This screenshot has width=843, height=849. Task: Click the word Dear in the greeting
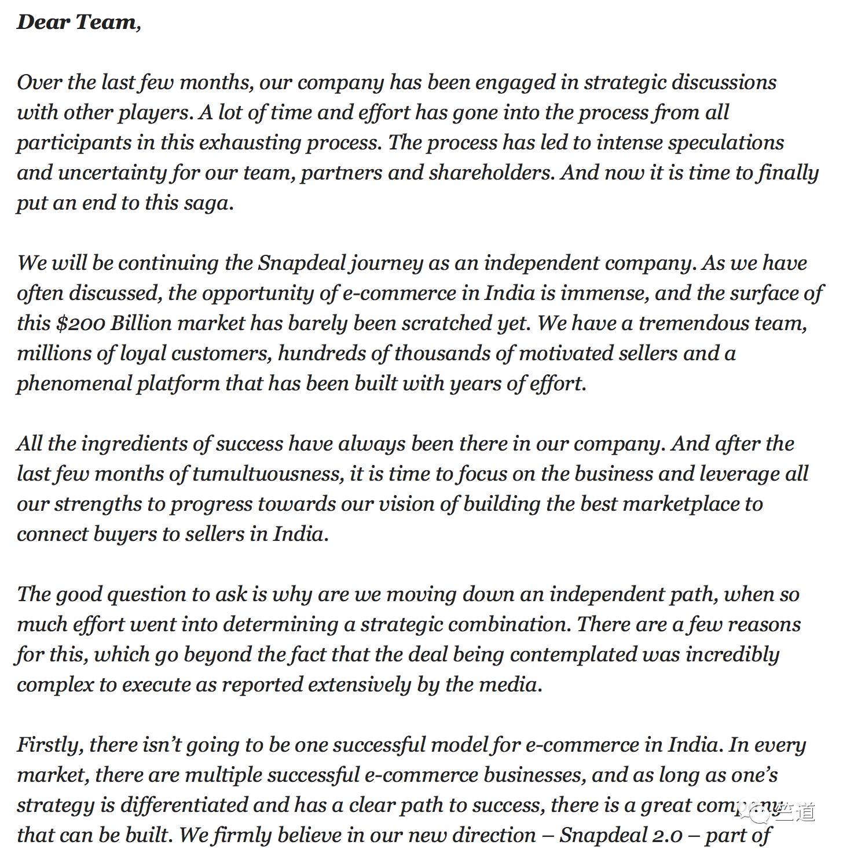coord(43,22)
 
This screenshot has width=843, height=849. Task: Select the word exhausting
coord(249,142)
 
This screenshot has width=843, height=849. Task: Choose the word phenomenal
coord(74,383)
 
